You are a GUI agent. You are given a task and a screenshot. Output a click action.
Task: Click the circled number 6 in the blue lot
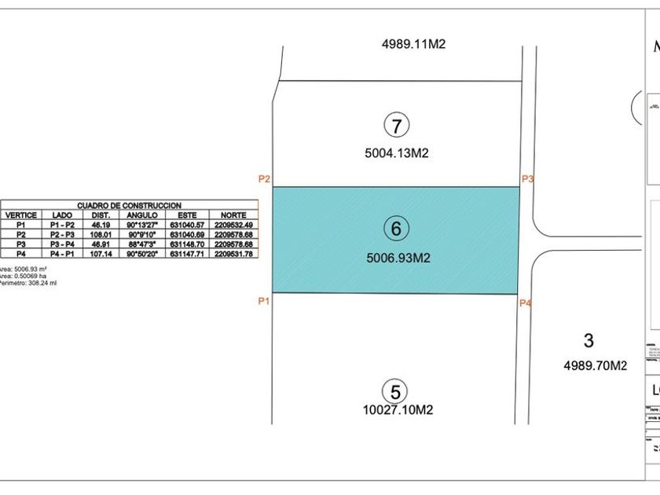[396, 229]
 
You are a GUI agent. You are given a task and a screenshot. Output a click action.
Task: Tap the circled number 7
[397, 125]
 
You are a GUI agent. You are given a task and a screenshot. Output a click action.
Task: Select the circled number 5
[395, 391]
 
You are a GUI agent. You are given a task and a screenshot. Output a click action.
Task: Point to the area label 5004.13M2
[396, 154]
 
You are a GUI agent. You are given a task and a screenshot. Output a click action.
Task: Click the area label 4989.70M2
[596, 365]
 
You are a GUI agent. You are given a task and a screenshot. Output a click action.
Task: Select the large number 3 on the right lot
[588, 341]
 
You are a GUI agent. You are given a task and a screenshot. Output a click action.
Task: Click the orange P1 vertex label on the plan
[265, 301]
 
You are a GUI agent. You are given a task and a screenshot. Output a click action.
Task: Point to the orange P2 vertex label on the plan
[265, 179]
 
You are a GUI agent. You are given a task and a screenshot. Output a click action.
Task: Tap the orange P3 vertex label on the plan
[528, 179]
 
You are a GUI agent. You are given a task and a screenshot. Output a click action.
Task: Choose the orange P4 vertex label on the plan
[526, 302]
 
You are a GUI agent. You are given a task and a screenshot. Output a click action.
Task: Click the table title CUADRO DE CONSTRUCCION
[130, 204]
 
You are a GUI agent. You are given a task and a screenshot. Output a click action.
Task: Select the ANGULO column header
[142, 214]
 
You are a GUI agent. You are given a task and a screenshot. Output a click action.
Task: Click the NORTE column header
[233, 214]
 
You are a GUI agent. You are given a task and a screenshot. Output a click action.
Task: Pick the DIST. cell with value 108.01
[100, 234]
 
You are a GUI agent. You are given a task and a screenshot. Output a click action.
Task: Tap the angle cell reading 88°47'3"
[142, 244]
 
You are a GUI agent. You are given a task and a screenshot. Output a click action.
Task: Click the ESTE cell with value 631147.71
[187, 254]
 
